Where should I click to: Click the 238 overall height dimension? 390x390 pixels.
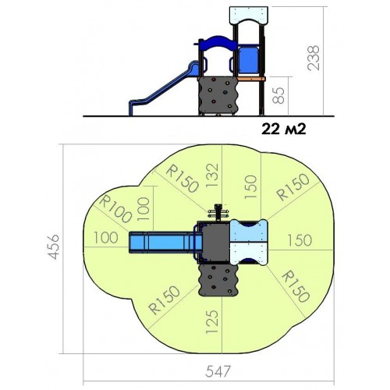click(x=314, y=58)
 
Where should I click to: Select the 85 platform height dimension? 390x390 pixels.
click(x=279, y=95)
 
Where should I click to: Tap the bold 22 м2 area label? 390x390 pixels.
click(x=284, y=129)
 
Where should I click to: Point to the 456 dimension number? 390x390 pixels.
click(x=54, y=246)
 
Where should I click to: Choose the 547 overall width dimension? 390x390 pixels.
click(x=218, y=371)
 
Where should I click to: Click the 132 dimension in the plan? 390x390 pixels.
click(x=211, y=175)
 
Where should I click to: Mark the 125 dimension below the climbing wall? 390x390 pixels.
click(x=211, y=321)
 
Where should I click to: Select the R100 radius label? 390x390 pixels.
click(x=115, y=209)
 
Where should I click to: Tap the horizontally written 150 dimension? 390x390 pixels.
click(x=300, y=240)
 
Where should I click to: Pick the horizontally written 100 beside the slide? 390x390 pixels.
click(x=106, y=237)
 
